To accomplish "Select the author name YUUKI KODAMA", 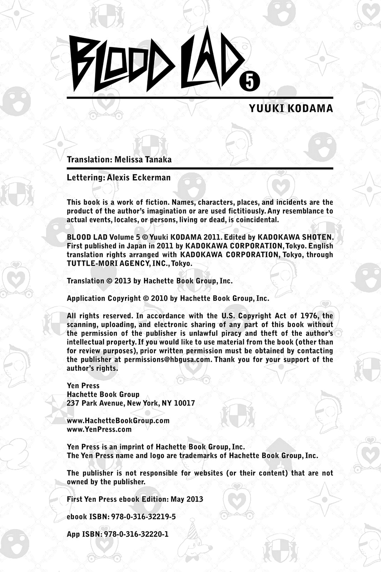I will coord(291,108).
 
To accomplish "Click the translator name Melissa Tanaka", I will coord(143,159).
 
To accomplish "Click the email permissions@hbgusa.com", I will coord(167,360).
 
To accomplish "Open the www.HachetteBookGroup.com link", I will coord(118,420).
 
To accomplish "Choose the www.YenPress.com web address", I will coord(99,429).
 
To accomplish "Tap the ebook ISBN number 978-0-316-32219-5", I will coord(144,517).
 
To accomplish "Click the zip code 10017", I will coord(184,403).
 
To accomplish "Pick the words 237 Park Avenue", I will coord(96,403).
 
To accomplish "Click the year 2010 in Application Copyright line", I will coord(159,299).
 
